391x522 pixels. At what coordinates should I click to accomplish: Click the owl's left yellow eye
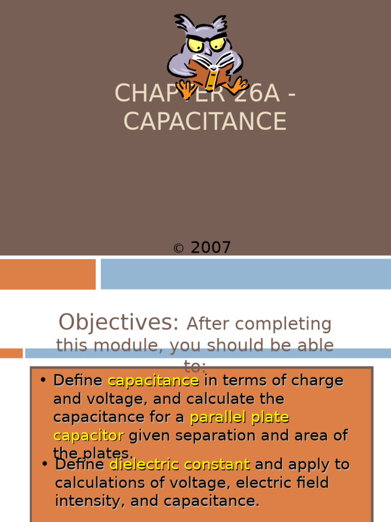tap(195, 44)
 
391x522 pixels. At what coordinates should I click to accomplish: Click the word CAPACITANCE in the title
tap(205, 121)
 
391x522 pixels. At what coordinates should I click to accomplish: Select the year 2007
tap(211, 248)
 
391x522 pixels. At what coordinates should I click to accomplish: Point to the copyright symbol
tap(178, 249)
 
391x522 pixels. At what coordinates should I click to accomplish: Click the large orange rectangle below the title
tap(48, 274)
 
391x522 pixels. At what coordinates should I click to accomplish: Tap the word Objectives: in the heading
tap(119, 322)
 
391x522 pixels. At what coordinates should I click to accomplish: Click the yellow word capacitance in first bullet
tap(153, 380)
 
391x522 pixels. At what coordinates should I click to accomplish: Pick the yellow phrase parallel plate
tap(239, 417)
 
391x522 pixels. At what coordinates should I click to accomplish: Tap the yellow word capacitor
tap(89, 435)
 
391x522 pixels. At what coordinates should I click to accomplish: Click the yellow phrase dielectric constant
tap(180, 464)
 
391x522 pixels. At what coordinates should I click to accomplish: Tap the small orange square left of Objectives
tap(11, 353)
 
